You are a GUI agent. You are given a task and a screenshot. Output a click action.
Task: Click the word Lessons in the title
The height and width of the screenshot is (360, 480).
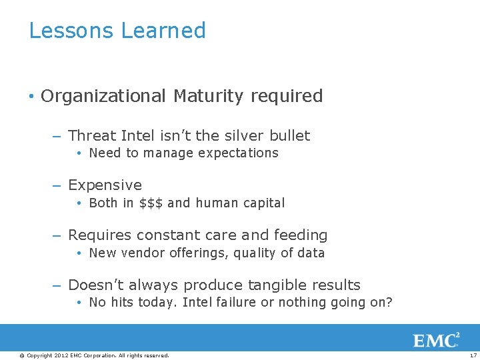coord(71,31)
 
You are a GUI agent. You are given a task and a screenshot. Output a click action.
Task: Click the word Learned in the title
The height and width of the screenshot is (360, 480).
coord(163,31)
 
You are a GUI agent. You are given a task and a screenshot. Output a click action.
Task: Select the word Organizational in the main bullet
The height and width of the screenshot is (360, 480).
coord(103,96)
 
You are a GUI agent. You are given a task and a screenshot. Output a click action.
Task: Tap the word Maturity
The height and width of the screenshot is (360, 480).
coord(209,96)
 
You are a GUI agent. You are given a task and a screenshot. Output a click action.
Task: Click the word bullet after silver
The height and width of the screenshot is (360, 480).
coord(290,135)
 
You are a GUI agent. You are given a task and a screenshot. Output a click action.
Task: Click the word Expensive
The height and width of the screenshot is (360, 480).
coord(105,185)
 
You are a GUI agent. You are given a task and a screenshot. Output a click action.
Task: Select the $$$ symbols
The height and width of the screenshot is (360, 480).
coord(151,203)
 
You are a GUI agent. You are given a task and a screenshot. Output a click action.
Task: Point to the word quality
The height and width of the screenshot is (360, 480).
coord(255,253)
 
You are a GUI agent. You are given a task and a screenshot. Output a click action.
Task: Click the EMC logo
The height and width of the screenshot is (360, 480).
coord(437,340)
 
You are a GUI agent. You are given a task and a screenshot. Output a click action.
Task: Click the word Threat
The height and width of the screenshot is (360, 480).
coord(92,135)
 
